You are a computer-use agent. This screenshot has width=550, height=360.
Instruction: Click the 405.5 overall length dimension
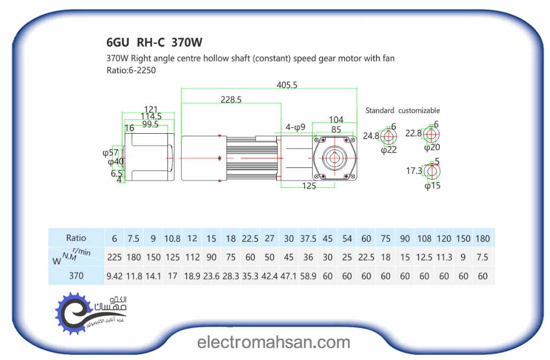[x=287, y=85]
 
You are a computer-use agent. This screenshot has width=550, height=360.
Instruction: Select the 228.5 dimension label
[x=231, y=99]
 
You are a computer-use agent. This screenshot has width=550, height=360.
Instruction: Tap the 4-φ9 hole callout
[x=295, y=127]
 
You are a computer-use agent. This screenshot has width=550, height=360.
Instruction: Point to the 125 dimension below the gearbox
[x=309, y=186]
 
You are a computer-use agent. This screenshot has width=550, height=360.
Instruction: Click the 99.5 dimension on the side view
[x=150, y=124]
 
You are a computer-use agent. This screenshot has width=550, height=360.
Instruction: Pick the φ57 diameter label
[x=110, y=152]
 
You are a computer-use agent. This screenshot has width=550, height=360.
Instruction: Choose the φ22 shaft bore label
[x=389, y=150]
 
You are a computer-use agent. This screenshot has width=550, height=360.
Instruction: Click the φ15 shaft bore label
[x=432, y=186]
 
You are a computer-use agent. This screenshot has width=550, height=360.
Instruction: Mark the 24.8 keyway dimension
[x=371, y=136]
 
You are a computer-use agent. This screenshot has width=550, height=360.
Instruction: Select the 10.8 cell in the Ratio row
[x=172, y=238]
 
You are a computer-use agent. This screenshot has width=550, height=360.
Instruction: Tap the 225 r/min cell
[x=114, y=257]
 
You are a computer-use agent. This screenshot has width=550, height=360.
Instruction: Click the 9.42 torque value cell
[x=114, y=277]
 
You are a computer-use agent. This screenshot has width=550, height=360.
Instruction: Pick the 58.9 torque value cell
[x=308, y=277]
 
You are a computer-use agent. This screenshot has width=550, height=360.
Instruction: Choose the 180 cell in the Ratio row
[x=482, y=238]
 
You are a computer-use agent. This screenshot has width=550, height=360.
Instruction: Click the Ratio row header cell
[x=76, y=238]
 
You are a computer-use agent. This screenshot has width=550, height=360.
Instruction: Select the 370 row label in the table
[x=76, y=277]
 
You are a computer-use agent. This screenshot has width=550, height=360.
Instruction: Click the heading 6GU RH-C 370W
[x=154, y=42]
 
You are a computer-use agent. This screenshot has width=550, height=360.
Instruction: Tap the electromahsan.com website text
[x=274, y=342]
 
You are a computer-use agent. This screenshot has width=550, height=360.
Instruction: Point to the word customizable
[x=419, y=110]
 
